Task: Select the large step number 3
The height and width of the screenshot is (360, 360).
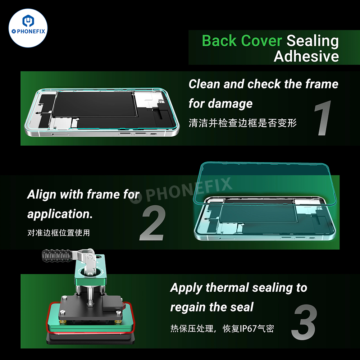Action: pos(304,323)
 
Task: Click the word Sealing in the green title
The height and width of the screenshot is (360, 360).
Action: pos(313,41)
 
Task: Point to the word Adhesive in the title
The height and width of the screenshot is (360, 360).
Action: pos(306,56)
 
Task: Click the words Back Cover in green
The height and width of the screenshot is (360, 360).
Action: pos(242,41)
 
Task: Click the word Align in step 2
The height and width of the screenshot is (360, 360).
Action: pos(42,195)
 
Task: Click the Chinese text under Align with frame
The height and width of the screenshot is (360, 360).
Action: pos(58,233)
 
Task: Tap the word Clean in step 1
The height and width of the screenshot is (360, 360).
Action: pos(204,84)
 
